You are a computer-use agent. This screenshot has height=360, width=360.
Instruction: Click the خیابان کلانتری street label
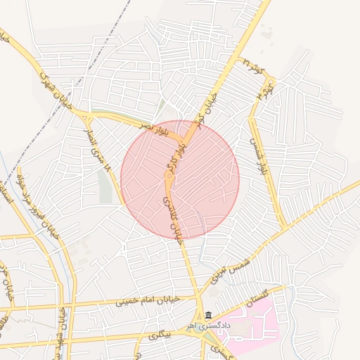click(171, 219)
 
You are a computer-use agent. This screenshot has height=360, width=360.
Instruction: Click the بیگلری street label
click(160, 336)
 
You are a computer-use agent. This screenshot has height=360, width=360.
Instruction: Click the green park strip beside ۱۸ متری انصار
click(105, 186)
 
